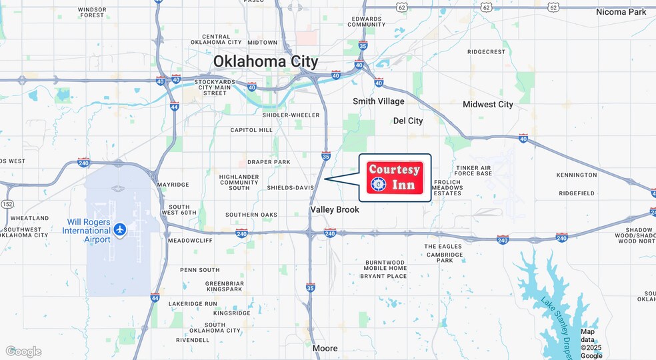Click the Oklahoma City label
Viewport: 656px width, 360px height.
coord(265,61)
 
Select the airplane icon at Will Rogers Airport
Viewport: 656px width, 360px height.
coord(120,230)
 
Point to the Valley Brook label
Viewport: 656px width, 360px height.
coord(335,209)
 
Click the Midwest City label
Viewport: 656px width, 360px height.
coord(488,105)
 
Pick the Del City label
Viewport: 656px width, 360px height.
coord(408,121)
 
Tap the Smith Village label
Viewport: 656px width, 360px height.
coord(379,101)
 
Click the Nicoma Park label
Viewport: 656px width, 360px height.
coord(621,12)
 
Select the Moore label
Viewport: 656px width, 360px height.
coord(325,348)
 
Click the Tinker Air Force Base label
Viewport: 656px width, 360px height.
coord(473,171)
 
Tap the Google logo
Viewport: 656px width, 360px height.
coord(23,351)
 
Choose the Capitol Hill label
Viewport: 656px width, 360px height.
coord(251,130)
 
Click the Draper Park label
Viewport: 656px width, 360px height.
coord(269,162)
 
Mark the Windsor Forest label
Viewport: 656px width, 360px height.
coord(91,12)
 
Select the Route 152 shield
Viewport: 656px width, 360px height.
coord(7,204)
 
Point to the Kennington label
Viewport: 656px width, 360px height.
coord(577,175)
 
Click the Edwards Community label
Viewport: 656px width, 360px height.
coord(367,21)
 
